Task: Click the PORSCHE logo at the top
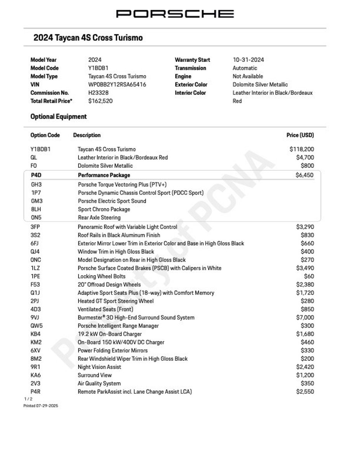[175, 14]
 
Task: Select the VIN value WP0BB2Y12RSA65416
[117, 85]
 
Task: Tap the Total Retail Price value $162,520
[100, 101]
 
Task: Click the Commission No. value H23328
[98, 93]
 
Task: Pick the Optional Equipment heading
[59, 116]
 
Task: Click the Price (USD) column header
[300, 135]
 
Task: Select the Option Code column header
[45, 135]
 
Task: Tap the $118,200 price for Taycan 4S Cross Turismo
[302, 149]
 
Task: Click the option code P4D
[36, 175]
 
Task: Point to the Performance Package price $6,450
[304, 175]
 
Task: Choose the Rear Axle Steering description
[99, 217]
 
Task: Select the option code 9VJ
[35, 318]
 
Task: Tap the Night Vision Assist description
[99, 367]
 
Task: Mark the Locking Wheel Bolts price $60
[310, 276]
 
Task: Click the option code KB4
[35, 334]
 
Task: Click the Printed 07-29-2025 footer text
[40, 405]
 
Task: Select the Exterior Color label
[191, 85]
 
